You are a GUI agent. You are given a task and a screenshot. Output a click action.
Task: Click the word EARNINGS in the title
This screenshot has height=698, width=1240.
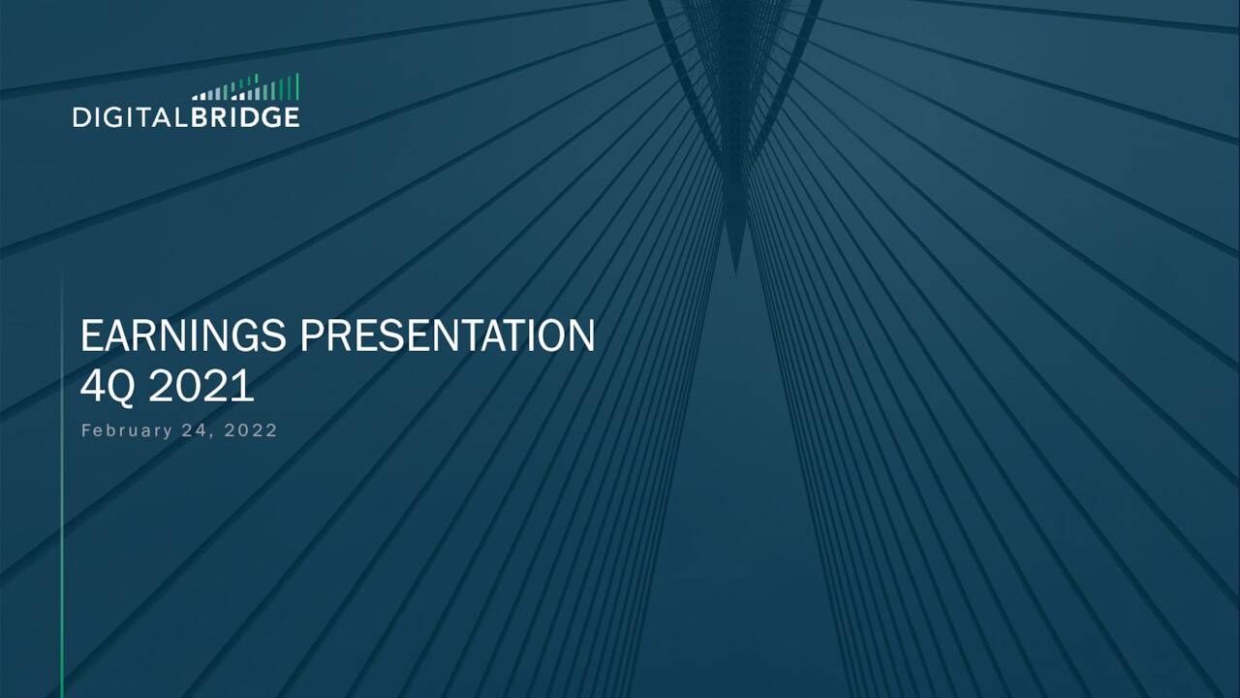coord(184,336)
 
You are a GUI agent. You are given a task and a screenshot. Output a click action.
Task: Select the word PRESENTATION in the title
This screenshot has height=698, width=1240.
coord(448,336)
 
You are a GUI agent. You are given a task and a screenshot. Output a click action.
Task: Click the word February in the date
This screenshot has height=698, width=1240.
coord(126,430)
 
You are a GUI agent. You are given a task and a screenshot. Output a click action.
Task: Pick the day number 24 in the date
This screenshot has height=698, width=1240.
coord(196,430)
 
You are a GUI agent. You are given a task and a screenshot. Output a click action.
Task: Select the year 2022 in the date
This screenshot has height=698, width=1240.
coord(251,430)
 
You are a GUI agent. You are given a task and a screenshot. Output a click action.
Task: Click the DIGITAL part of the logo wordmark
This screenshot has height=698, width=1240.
coord(130,117)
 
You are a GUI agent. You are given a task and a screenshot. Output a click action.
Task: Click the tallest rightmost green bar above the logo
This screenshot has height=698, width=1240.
coord(296,86)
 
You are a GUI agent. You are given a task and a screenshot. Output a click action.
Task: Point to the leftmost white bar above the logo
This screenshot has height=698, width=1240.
coord(194,98)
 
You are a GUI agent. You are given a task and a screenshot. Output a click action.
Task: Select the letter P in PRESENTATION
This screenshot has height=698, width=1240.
coord(310,336)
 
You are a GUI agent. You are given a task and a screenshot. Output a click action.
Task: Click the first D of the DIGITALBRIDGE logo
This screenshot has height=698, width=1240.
coord(81,117)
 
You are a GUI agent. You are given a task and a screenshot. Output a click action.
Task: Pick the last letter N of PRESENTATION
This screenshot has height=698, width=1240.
coord(581,336)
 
